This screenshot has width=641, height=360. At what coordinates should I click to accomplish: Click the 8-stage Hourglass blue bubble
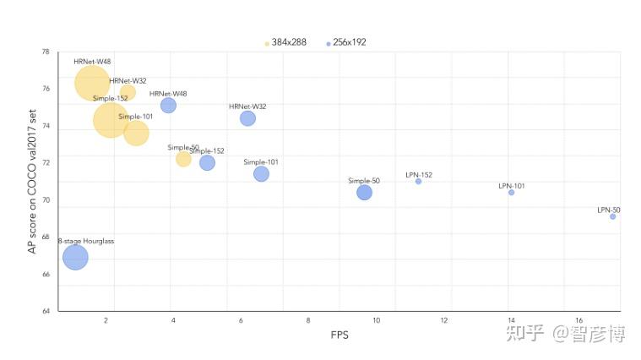(x=75, y=257)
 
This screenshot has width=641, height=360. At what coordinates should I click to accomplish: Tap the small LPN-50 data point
(x=612, y=216)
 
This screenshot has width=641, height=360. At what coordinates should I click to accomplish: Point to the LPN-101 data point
(x=511, y=193)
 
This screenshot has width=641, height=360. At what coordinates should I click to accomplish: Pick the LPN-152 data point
(x=418, y=182)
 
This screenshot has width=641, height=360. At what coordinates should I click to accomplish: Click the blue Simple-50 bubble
(x=364, y=193)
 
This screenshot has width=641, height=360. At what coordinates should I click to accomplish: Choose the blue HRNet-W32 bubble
(x=247, y=118)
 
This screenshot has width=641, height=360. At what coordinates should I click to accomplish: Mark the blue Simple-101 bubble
(x=261, y=174)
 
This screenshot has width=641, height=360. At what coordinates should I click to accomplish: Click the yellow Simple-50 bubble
(x=183, y=159)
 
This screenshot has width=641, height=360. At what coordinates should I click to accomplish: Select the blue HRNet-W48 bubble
(x=168, y=105)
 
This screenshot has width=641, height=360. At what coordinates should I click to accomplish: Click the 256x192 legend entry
(x=349, y=42)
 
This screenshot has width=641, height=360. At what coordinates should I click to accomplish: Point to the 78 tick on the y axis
(x=45, y=52)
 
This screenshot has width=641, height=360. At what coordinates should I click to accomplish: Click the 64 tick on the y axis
(x=45, y=312)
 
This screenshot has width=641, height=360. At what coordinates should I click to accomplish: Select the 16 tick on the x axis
(x=579, y=321)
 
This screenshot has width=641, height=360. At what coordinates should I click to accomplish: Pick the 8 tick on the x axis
(x=308, y=321)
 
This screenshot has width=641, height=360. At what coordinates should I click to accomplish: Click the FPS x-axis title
(x=340, y=335)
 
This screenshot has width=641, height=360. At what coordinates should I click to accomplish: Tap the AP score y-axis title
(x=33, y=182)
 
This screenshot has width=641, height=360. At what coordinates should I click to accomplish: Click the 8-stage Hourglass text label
(x=85, y=242)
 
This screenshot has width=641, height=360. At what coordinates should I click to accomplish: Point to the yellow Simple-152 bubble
(x=111, y=119)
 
